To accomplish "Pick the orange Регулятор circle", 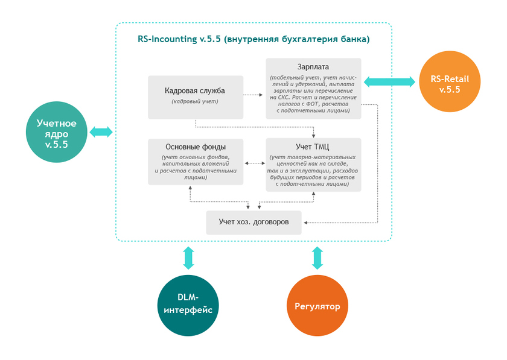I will (317, 306).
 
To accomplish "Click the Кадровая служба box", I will (195, 96).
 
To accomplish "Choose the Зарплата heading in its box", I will (313, 66).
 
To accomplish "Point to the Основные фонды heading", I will (195, 147).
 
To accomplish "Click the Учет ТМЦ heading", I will (313, 146).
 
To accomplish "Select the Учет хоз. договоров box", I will (253, 222).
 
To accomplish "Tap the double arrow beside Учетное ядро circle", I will (101, 131).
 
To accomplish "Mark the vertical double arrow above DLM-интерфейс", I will (189, 257).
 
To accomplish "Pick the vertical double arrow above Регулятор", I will (317, 257).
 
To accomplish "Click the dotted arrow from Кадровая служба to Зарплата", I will (253, 95).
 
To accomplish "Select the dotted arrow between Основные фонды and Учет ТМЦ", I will (254, 163).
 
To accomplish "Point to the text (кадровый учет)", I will (195, 101).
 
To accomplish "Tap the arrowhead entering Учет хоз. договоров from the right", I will (305, 223).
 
